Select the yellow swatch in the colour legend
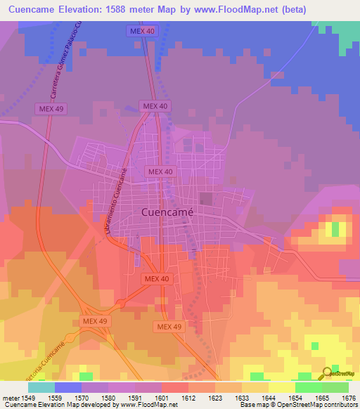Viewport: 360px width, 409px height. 281,387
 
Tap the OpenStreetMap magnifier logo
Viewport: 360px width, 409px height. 328,372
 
